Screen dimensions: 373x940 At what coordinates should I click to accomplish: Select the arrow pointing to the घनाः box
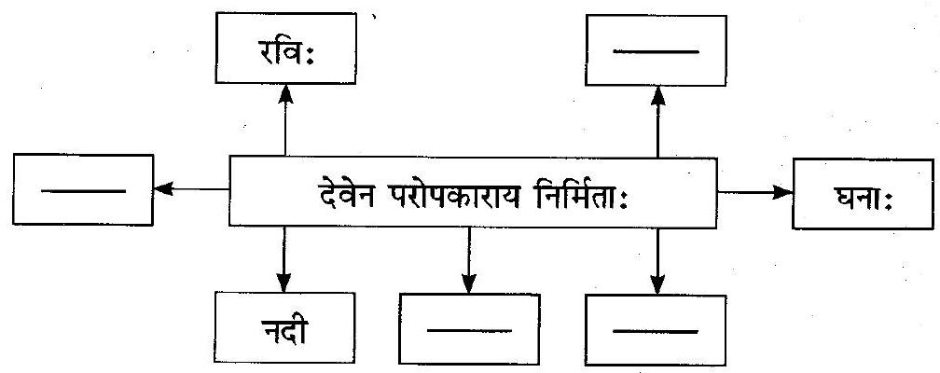coord(754,193)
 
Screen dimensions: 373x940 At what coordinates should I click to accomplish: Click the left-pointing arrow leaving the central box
coord(191,189)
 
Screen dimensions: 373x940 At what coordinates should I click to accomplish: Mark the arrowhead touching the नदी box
coord(284,283)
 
